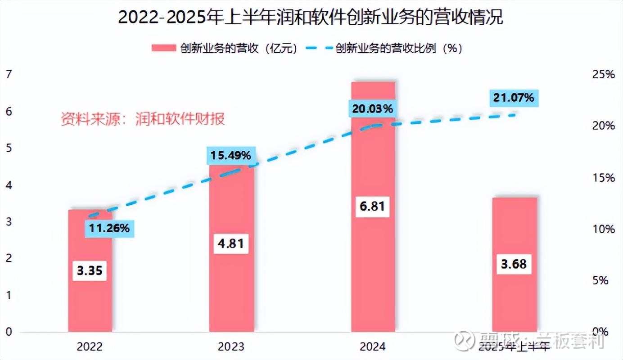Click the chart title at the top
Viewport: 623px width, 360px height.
(311, 18)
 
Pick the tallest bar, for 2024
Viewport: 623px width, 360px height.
(373, 270)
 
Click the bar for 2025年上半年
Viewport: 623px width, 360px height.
(515, 297)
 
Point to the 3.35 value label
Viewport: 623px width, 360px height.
(90, 270)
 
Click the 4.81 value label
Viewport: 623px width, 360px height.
(231, 243)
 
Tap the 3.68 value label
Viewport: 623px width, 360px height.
(514, 264)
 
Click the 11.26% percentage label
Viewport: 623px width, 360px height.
(109, 229)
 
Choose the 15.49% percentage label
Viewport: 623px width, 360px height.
(231, 156)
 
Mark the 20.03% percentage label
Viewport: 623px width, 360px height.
(372, 108)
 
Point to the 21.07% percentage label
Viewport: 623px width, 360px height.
(514, 97)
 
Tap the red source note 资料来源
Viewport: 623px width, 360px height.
(143, 119)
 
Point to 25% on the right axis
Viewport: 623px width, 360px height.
(603, 75)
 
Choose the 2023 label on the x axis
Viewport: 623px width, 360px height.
(231, 346)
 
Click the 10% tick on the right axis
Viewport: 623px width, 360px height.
(603, 229)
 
